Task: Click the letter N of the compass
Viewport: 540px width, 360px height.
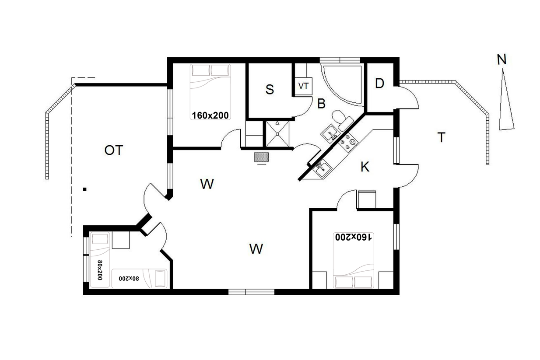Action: (501, 59)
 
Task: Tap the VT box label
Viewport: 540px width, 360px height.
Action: (303, 86)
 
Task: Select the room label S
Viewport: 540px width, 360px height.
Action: (270, 89)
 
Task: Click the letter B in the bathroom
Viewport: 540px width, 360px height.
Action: (321, 104)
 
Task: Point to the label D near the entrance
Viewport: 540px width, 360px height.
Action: (379, 84)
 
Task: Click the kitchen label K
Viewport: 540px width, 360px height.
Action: (365, 167)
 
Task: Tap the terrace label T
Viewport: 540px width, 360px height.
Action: (442, 137)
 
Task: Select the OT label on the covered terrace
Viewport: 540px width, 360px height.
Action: (114, 150)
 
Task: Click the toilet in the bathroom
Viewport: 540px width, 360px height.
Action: (342, 120)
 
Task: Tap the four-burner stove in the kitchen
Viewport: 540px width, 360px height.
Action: (348, 143)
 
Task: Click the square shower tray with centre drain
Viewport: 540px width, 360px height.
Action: (277, 134)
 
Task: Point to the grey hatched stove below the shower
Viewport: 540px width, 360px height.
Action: (261, 157)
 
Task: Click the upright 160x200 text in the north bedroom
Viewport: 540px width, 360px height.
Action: (210, 115)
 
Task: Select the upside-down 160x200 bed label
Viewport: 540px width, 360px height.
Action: (354, 237)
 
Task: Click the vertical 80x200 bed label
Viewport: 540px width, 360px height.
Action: (100, 270)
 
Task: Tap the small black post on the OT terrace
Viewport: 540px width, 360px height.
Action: (84, 189)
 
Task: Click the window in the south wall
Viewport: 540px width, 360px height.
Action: (251, 292)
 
